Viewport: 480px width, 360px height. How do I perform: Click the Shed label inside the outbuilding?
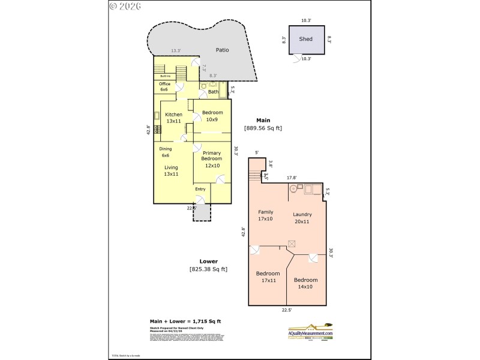coord(306,39)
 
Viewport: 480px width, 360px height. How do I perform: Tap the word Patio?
coord(223,50)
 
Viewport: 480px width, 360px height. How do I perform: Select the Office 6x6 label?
coord(164,86)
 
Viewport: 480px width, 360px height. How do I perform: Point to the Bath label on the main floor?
coord(212,92)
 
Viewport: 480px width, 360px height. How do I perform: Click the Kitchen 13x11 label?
coord(173,118)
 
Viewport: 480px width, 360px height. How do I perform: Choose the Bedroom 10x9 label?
coord(212,116)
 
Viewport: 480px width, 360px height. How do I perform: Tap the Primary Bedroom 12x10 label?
coord(212,158)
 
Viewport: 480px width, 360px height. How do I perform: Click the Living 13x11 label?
coord(171,170)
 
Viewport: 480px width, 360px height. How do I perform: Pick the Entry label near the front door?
coord(200,189)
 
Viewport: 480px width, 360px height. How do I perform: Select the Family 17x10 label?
coord(266,215)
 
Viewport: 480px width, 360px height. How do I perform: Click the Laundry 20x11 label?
coord(302,218)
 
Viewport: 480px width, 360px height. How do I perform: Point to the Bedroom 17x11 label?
coord(268,277)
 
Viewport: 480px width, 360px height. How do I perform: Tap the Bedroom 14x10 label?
coord(305,283)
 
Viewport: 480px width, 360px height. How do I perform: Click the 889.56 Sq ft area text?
coord(263,128)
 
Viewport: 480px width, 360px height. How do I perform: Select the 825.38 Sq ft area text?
coord(208,269)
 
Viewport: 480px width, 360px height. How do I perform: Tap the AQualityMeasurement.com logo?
coord(310,332)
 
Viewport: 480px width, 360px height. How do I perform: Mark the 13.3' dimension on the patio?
coord(175,51)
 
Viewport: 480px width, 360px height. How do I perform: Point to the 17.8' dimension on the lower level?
coord(292,178)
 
